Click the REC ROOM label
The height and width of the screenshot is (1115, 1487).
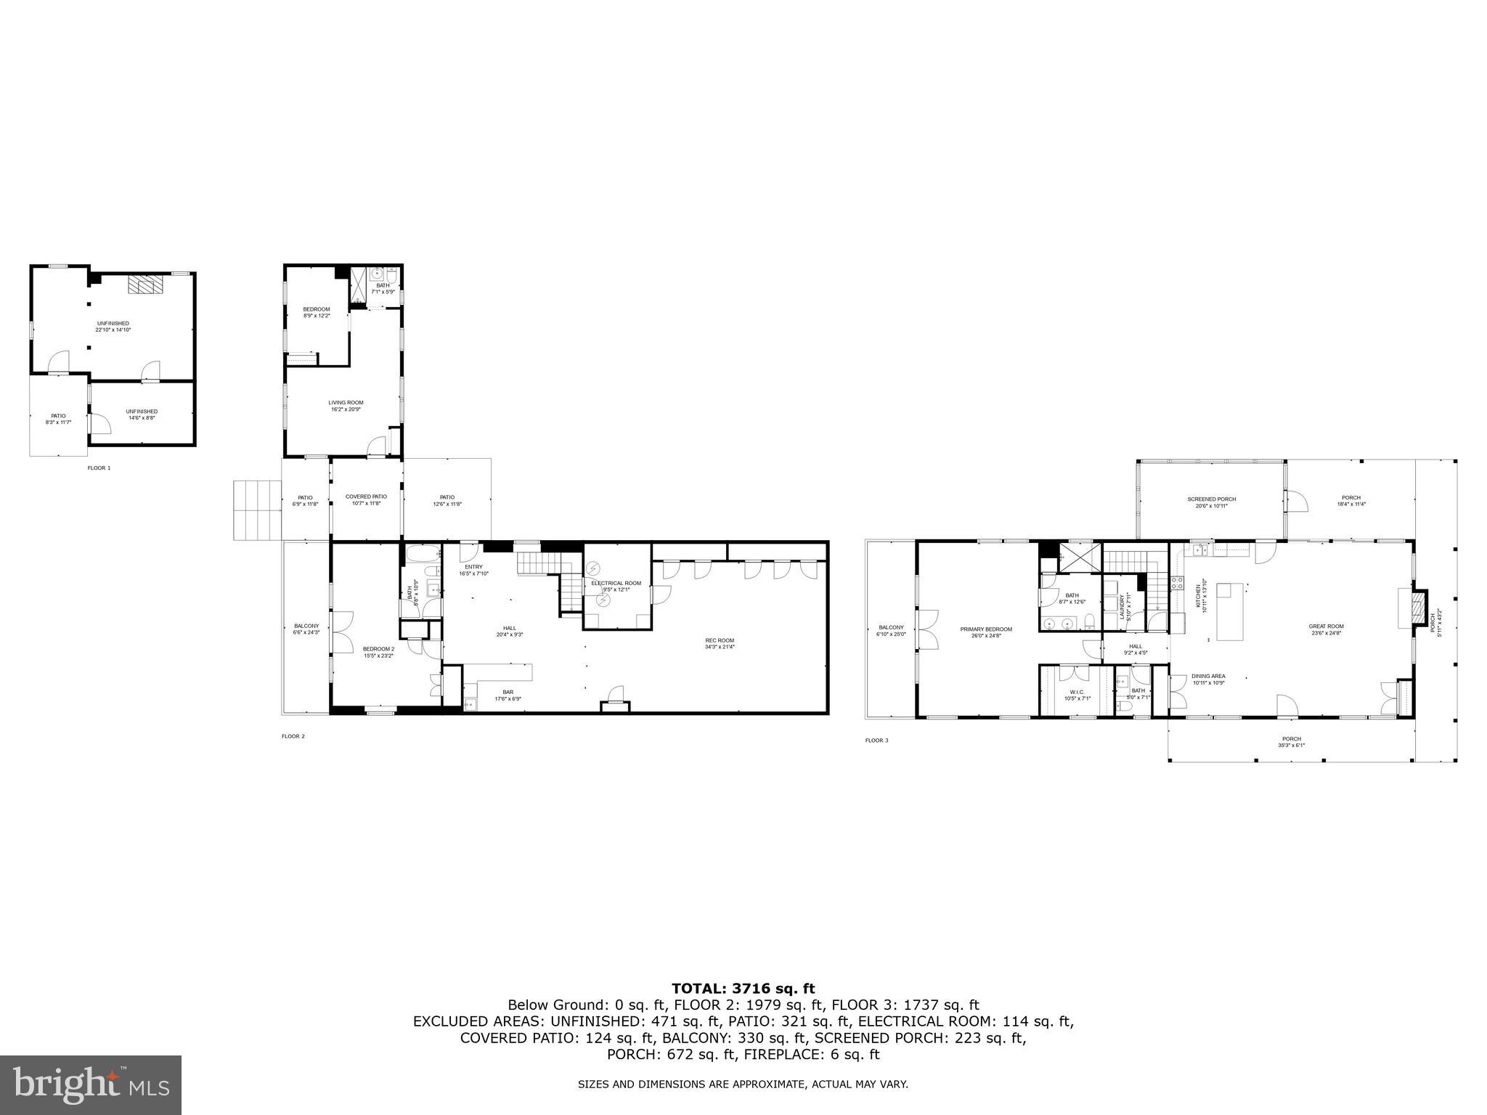click(720, 640)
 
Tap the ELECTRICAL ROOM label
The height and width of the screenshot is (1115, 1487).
click(616, 583)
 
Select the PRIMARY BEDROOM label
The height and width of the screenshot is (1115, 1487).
click(985, 629)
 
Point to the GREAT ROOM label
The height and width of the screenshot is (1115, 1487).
click(1326, 626)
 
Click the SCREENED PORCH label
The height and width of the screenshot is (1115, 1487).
click(1211, 499)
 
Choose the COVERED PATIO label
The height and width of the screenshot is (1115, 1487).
click(366, 497)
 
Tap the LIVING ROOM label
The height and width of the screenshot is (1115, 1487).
click(346, 402)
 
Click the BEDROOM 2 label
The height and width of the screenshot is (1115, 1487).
click(378, 649)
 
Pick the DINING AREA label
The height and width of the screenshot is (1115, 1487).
click(1208, 676)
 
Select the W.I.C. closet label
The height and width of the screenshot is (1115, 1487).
click(1077, 692)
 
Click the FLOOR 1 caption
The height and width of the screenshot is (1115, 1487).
click(99, 468)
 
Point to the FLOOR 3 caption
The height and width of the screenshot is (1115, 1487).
click(876, 740)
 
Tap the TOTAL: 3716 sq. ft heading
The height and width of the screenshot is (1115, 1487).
click(743, 988)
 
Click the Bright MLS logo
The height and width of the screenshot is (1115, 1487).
click(91, 1085)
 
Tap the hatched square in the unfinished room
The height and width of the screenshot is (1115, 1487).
click(143, 285)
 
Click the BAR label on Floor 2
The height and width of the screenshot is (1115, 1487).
click(508, 692)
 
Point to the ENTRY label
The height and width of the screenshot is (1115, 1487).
click(473, 567)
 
